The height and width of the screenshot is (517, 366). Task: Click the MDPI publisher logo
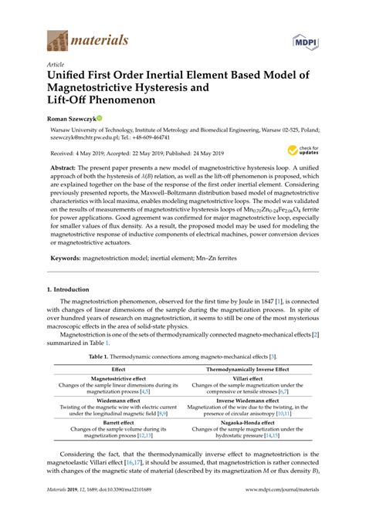[306, 39]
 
